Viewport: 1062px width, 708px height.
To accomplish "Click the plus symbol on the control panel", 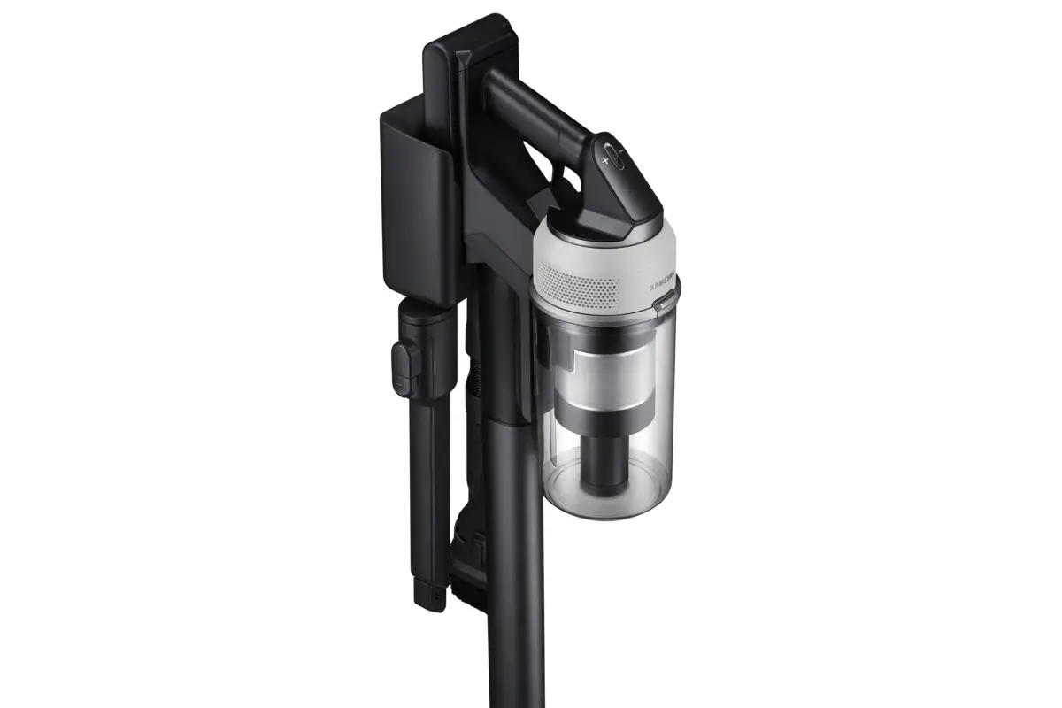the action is tap(605, 160).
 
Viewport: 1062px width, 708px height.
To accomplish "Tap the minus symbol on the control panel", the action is tap(621, 150).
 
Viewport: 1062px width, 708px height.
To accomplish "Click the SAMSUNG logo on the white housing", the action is tap(662, 282).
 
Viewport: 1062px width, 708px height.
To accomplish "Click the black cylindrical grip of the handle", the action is tap(536, 109).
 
